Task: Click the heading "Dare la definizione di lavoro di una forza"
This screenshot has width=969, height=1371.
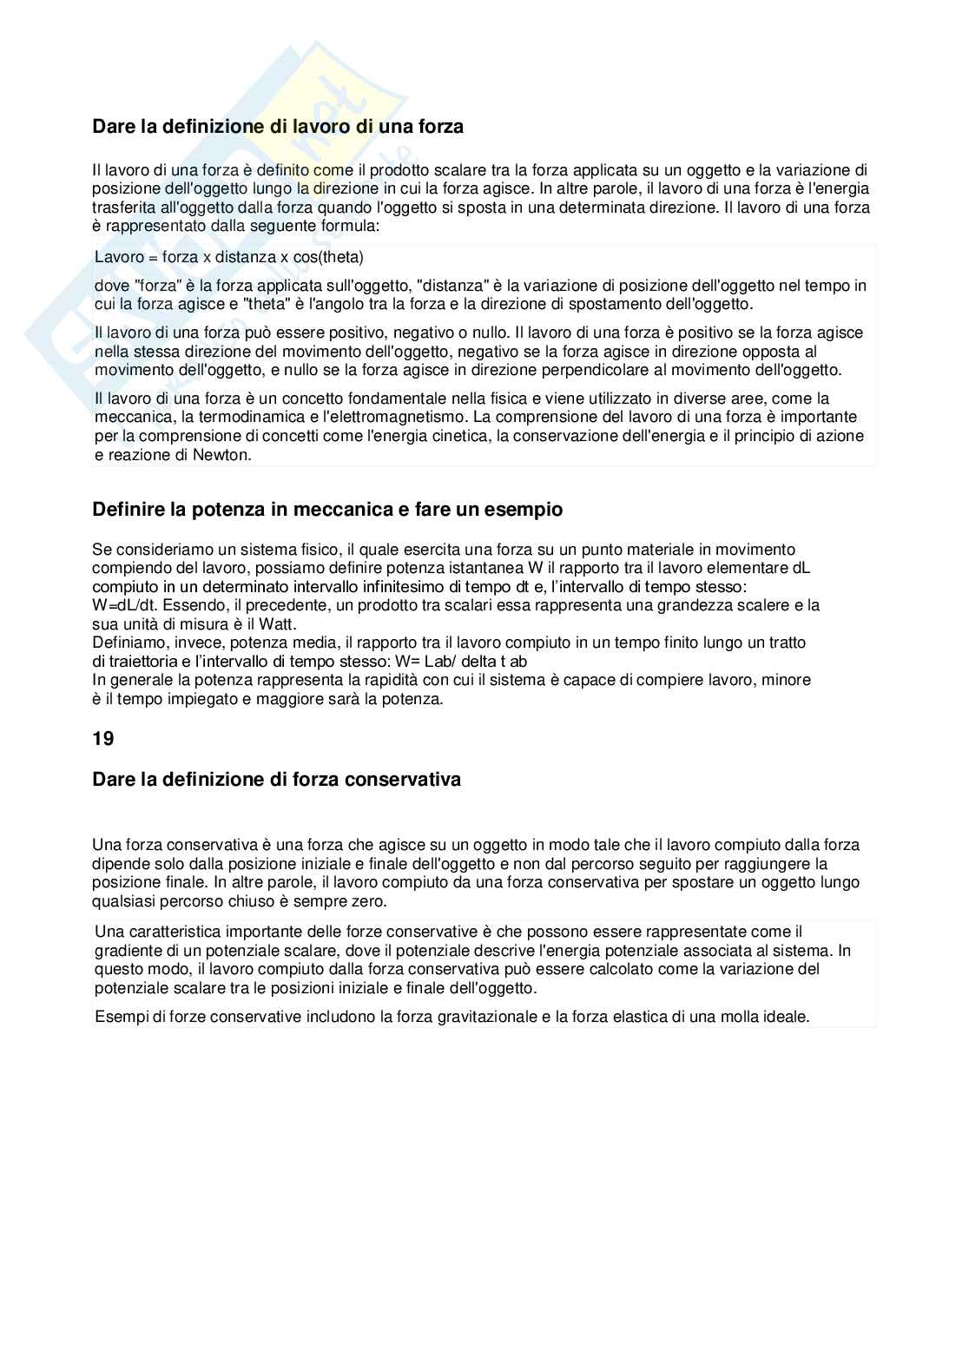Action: pos(278,127)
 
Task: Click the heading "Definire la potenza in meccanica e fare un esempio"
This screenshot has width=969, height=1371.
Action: pos(327,510)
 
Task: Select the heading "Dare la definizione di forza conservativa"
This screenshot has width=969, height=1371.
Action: pos(276,779)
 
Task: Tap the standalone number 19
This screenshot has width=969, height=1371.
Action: pos(102,739)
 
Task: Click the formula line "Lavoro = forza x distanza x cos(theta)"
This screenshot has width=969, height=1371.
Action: pos(229,258)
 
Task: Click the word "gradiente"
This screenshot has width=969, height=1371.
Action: pos(127,950)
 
